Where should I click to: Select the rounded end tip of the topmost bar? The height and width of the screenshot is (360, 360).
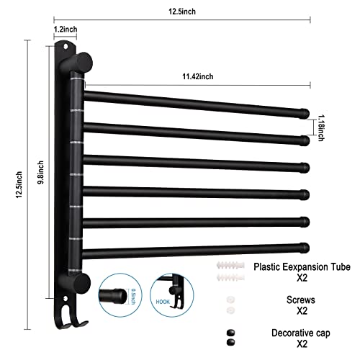(x=305, y=112)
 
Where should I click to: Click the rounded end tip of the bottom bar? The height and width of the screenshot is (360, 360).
(x=305, y=247)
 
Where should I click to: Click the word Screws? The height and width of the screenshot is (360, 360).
(x=293, y=297)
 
